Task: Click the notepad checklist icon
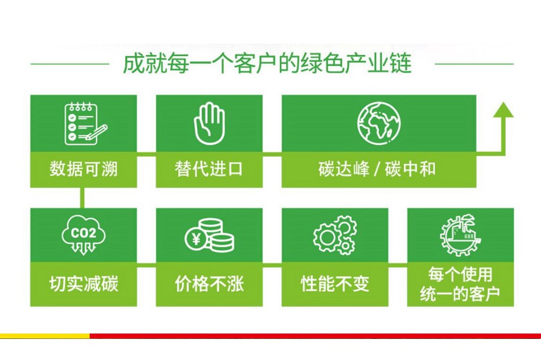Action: point(85,123)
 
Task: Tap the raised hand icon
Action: point(209,123)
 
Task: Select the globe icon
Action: point(379,122)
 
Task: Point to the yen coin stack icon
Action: point(209,235)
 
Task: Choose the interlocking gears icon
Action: point(335,235)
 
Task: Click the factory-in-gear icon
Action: point(460,235)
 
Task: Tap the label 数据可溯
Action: point(83,169)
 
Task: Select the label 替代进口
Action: point(209,169)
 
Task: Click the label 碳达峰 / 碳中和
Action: point(377,169)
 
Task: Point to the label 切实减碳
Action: point(83,284)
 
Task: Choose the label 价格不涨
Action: point(209,284)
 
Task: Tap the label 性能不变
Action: point(335,284)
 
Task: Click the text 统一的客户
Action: point(460,294)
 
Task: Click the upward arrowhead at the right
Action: point(503,110)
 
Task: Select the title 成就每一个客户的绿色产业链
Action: point(267,63)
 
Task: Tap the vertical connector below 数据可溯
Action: point(82,198)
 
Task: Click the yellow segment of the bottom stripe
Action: point(45,336)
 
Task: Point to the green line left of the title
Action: point(70,64)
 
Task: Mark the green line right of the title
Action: point(474,64)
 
